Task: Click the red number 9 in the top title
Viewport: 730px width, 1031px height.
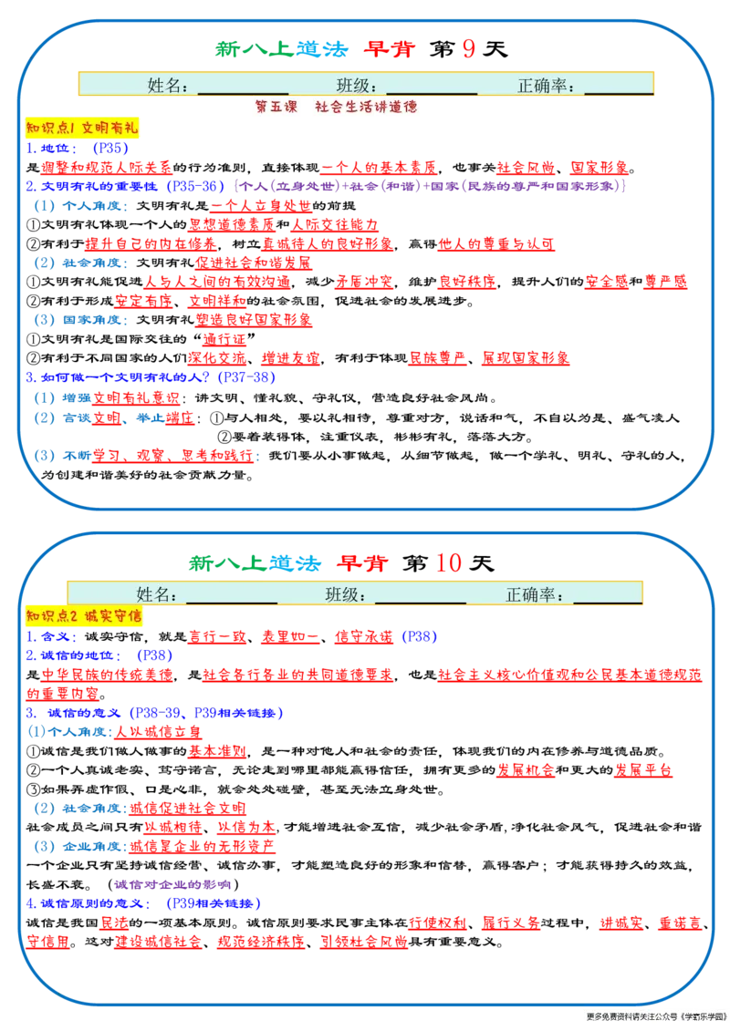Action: [x=469, y=48]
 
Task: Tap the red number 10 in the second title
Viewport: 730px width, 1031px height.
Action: [x=448, y=562]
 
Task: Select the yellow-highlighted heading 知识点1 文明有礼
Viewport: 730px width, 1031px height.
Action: [x=82, y=128]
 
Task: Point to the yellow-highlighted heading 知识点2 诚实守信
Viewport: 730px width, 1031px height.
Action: [x=84, y=616]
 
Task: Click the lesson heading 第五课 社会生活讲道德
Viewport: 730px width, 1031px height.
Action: [x=337, y=107]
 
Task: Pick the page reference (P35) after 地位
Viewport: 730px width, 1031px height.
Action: [x=109, y=148]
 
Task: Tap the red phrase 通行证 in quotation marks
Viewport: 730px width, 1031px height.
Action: [x=224, y=339]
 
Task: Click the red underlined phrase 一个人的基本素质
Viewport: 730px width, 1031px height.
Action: [x=378, y=167]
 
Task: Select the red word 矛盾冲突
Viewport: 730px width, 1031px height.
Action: [x=364, y=282]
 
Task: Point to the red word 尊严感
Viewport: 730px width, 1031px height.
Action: [x=665, y=282]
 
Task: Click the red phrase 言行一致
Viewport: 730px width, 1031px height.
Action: [x=217, y=636]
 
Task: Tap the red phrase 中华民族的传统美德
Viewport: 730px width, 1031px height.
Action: [x=108, y=675]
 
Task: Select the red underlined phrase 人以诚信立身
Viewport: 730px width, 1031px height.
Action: [x=159, y=732]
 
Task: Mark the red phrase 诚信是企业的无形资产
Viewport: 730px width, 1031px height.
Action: [x=202, y=846]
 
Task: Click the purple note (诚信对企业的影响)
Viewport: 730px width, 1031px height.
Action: [x=172, y=884]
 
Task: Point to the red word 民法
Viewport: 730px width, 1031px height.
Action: [x=115, y=923]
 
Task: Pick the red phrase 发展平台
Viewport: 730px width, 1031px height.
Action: [x=643, y=770]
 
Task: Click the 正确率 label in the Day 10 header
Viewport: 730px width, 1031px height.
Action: [x=534, y=595]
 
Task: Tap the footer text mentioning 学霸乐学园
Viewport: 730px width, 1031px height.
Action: [x=657, y=1016]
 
